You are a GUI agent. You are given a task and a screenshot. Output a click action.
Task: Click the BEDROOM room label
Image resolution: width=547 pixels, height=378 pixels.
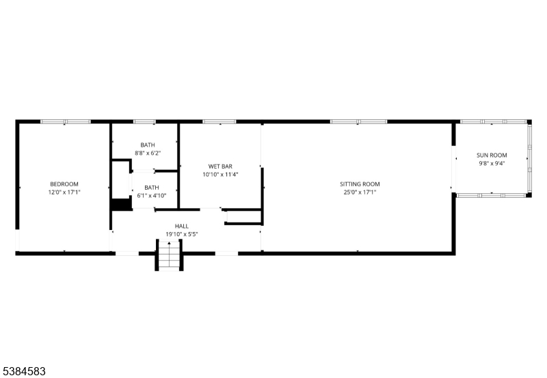pyautogui.click(x=64, y=184)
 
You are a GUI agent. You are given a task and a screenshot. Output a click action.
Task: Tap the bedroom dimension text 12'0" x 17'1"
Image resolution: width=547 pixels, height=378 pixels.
pyautogui.click(x=64, y=192)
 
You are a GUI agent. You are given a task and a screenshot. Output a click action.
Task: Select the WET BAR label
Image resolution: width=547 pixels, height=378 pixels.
pyautogui.click(x=220, y=166)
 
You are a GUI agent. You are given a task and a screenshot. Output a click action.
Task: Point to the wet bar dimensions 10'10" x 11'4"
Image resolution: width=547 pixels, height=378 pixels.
pyautogui.click(x=220, y=175)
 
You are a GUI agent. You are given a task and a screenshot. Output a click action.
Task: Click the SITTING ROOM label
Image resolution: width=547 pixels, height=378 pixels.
pyautogui.click(x=360, y=184)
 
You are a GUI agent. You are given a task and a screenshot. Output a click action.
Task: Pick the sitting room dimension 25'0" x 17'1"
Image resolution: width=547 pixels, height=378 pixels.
pyautogui.click(x=360, y=192)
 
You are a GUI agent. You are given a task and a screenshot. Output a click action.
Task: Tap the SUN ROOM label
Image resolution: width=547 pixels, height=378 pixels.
pyautogui.click(x=492, y=156)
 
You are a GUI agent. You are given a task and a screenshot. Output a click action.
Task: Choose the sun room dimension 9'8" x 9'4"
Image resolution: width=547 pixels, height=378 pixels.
pyautogui.click(x=492, y=164)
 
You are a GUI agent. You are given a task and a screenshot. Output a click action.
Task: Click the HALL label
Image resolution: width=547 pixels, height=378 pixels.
pyautogui.click(x=182, y=227)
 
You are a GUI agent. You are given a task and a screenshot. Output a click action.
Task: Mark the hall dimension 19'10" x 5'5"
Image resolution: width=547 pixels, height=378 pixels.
pyautogui.click(x=182, y=235)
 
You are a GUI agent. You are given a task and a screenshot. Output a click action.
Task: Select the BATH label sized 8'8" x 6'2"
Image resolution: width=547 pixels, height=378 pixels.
pyautogui.click(x=148, y=145)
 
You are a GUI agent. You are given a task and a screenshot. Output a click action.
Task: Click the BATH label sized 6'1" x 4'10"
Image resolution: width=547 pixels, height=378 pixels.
pyautogui.click(x=151, y=188)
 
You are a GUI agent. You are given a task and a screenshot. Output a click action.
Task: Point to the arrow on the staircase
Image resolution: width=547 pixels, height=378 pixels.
pyautogui.click(x=170, y=244)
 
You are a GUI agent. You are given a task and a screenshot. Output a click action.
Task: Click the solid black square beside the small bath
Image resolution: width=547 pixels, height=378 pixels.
pyautogui.click(x=120, y=204)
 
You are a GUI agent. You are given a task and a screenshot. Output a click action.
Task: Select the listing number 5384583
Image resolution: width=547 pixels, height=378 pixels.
pyautogui.click(x=25, y=370)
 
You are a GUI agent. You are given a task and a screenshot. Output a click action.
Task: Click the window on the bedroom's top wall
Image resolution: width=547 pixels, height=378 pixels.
pyautogui.click(x=65, y=122)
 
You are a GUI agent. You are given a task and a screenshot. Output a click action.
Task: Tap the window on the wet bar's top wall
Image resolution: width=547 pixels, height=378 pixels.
pyautogui.click(x=219, y=122)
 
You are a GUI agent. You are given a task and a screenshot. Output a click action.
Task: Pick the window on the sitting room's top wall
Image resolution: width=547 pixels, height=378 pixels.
pyautogui.click(x=359, y=122)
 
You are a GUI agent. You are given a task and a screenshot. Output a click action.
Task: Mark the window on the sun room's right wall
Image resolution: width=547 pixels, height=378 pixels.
pyautogui.click(x=529, y=159)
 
